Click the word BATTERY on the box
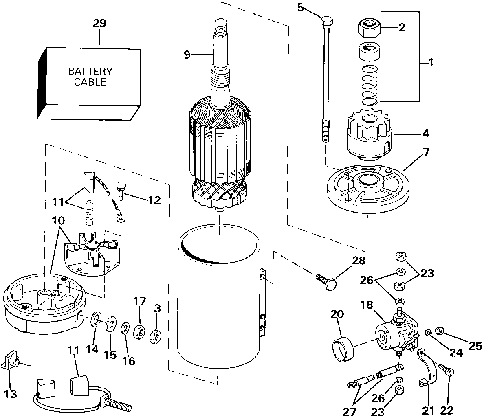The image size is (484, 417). [90, 72]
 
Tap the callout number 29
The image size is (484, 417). [99, 23]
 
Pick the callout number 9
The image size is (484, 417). [187, 55]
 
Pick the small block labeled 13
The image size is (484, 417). [11, 361]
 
